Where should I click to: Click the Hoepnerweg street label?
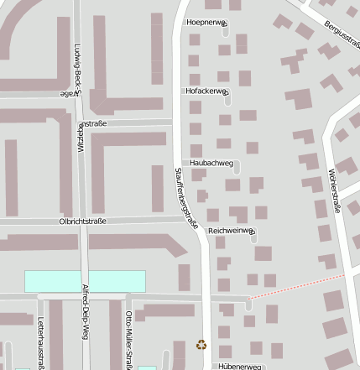pyautogui.click(x=206, y=22)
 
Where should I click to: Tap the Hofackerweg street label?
pyautogui.click(x=206, y=91)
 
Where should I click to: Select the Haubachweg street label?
pyautogui.click(x=211, y=162)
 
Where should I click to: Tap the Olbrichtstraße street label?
pyautogui.click(x=82, y=221)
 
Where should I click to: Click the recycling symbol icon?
pyautogui.click(x=201, y=343)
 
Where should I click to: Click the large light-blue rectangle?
pyautogui.click(x=84, y=281)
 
